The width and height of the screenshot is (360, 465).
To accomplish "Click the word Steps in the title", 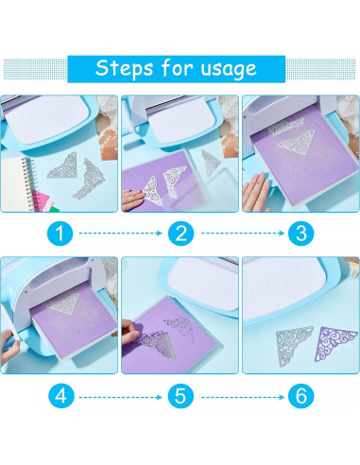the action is point(124,68).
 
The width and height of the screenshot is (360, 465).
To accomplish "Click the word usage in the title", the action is point(229,69).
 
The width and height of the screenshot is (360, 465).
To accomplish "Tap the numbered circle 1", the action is point(60,233).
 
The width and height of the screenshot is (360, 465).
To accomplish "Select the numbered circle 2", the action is point(180,233).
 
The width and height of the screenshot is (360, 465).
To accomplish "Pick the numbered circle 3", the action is point(301,233).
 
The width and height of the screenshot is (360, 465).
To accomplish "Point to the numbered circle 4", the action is point(61,396).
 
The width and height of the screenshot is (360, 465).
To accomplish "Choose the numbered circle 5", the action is point(180,396).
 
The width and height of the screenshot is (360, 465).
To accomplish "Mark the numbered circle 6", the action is point(301,396).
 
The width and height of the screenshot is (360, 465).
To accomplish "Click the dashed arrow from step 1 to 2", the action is point(120,233).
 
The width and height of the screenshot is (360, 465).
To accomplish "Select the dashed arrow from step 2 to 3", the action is point(243,233).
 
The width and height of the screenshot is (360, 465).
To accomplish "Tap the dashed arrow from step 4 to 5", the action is point(120,397).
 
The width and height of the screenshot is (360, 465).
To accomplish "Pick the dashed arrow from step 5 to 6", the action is point(243,397).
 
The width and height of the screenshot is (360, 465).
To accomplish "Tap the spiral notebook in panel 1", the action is point(16,183).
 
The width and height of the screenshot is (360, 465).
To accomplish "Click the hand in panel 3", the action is point(255,192).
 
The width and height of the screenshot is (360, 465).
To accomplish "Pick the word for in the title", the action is point(177,67).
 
